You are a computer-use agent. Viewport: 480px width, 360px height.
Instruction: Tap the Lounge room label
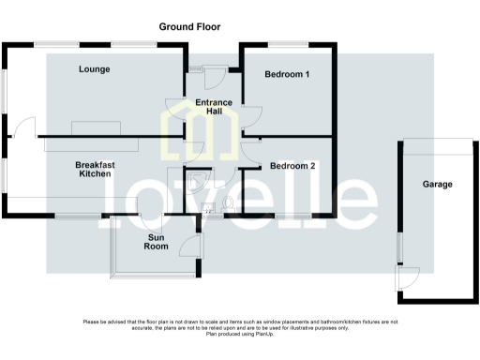coord(95,69)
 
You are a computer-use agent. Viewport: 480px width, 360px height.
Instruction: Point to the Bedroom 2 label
coord(292,166)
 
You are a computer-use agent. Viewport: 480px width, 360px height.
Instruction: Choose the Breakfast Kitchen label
coord(95,169)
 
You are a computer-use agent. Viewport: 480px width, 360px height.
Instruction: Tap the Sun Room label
coord(157,243)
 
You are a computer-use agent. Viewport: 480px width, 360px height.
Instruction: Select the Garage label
coord(438,185)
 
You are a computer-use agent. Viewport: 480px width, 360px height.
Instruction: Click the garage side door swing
coord(407,277)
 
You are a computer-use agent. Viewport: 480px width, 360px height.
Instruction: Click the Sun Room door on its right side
coord(192,246)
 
